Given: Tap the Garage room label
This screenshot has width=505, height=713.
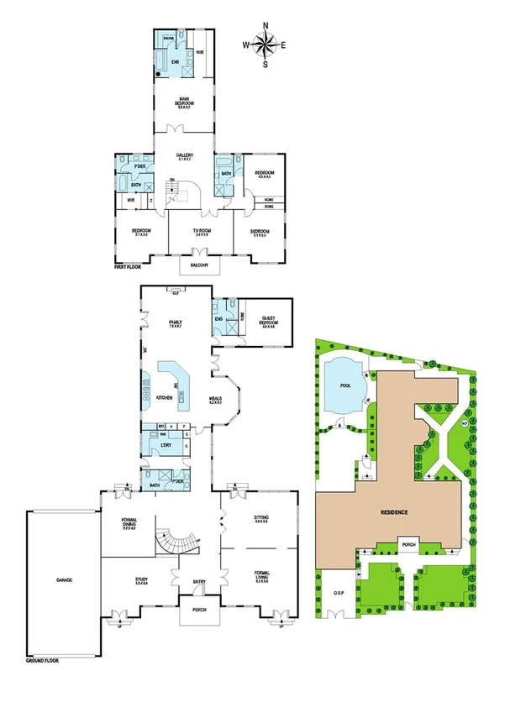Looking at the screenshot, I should (59, 579).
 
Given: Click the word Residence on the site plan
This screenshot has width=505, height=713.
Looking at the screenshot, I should (394, 511).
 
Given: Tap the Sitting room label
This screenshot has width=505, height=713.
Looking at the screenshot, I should (260, 518).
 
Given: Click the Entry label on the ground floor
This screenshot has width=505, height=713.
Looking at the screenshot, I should (200, 579).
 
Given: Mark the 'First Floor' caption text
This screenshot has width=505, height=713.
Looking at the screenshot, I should (131, 268).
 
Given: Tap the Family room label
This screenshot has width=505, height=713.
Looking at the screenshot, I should (176, 322).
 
